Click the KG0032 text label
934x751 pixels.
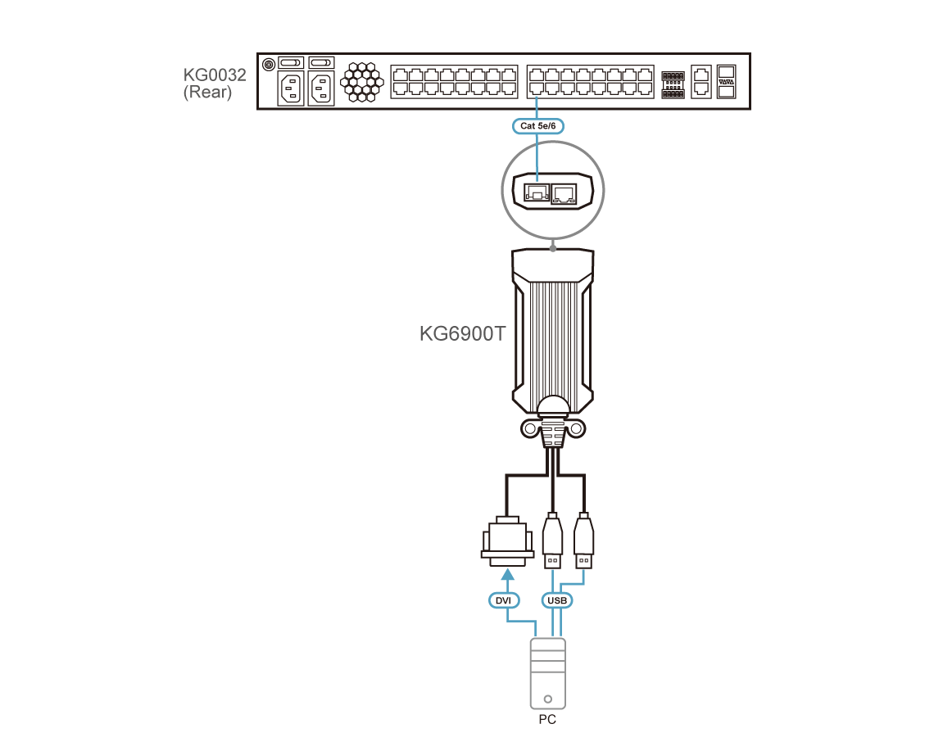point(215,75)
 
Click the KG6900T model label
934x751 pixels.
point(462,333)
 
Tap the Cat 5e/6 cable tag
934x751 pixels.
point(538,125)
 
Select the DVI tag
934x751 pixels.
point(503,600)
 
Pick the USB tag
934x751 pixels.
point(557,600)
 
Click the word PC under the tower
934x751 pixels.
point(547,719)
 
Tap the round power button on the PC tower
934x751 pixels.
point(548,699)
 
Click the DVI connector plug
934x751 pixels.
point(507,541)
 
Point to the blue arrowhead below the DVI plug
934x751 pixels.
point(507,574)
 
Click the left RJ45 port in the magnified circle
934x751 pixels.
point(537,192)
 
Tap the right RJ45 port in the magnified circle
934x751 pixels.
point(564,193)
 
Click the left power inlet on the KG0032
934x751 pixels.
point(292,88)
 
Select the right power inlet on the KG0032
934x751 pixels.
point(321,88)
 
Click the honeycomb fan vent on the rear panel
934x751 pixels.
point(361,82)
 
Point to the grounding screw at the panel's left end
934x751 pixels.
point(269,64)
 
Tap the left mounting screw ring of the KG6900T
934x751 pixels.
point(529,428)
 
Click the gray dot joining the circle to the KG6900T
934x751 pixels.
point(553,248)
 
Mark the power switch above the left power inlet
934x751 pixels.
point(292,62)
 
